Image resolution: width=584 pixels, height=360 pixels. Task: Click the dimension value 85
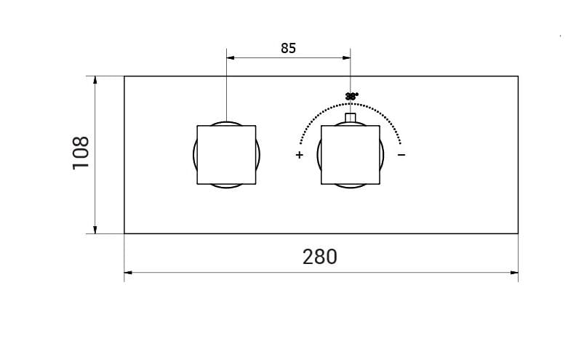(x=288, y=49)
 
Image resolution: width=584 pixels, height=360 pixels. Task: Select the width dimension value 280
(x=320, y=257)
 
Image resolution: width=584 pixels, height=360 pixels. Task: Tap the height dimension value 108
(x=81, y=153)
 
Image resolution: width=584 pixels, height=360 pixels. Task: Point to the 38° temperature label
(x=351, y=96)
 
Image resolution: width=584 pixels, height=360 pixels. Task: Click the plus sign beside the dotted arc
(x=299, y=155)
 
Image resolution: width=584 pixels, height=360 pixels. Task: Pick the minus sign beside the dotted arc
(x=401, y=155)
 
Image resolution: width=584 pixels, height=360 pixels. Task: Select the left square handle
(x=226, y=155)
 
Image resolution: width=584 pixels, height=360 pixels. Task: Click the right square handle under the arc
(x=351, y=155)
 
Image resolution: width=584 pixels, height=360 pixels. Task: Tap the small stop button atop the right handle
(x=351, y=118)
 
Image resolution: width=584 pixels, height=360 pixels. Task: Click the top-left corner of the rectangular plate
(x=124, y=76)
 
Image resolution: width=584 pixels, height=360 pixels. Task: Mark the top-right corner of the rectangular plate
(x=518, y=76)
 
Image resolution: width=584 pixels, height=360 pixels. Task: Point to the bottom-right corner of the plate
(x=518, y=233)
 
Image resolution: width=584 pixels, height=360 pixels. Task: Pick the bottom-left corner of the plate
(x=124, y=233)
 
